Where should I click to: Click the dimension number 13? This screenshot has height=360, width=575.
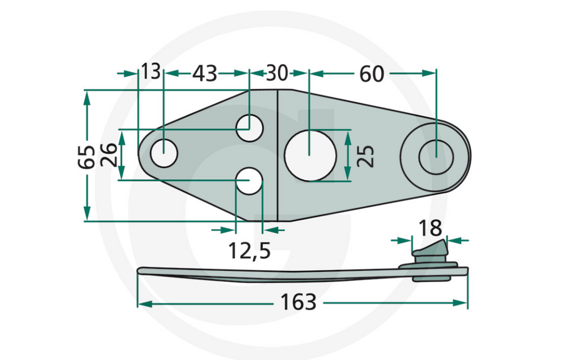click(150, 72)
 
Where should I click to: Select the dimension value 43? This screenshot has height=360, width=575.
click(205, 73)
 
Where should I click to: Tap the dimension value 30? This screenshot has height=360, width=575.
click(277, 73)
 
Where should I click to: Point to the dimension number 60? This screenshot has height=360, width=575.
click(371, 74)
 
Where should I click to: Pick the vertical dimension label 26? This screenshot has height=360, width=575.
click(108, 155)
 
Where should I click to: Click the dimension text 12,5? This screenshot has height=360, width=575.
click(249, 250)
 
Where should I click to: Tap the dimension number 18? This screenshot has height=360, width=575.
click(430, 228)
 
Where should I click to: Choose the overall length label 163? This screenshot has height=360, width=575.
click(298, 303)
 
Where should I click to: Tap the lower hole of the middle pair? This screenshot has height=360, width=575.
click(249, 181)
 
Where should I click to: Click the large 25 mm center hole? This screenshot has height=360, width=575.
click(310, 156)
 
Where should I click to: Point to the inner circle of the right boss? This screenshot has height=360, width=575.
click(436, 156)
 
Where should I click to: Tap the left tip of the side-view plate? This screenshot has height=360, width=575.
click(140, 271)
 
